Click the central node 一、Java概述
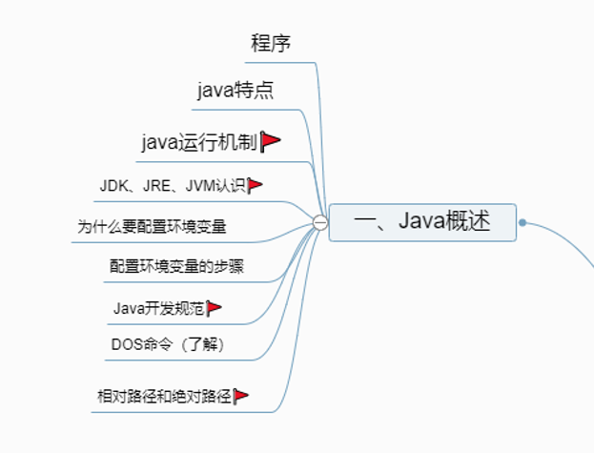[x=422, y=222]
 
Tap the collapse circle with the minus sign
[x=320, y=223]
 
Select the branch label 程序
[x=271, y=43]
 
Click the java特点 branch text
[x=236, y=92]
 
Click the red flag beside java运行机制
[x=272, y=142]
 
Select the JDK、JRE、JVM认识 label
[x=173, y=185]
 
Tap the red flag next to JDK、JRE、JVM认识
[x=256, y=185]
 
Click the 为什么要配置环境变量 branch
[x=152, y=227]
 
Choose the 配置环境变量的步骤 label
[x=176, y=266]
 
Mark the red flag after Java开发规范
[x=215, y=307]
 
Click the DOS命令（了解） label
[x=168, y=343]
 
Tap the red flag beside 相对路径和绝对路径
[x=241, y=395]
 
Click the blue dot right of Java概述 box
[x=522, y=223]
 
